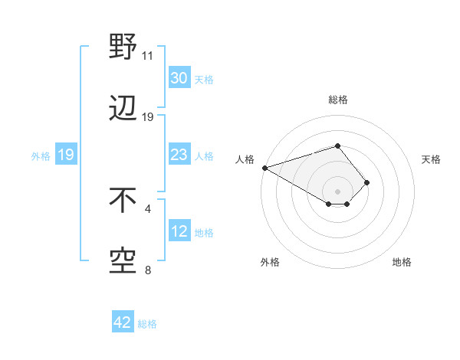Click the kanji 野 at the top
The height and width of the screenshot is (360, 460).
[123, 47]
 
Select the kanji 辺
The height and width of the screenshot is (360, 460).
[123, 110]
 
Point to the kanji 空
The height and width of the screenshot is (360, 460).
[123, 262]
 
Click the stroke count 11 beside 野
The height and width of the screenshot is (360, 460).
[148, 56]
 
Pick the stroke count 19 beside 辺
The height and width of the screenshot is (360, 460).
[148, 117]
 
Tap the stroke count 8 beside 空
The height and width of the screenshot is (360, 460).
[148, 270]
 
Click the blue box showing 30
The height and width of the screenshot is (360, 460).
[179, 78]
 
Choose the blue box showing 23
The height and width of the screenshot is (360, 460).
[179, 155]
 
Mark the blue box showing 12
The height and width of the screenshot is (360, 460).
[179, 231]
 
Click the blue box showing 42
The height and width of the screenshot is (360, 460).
[123, 322]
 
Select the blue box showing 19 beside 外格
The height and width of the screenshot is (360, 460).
[65, 155]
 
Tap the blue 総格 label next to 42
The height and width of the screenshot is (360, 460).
[147, 324]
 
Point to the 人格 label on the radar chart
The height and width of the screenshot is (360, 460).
[245, 159]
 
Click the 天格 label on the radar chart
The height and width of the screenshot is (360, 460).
[431, 159]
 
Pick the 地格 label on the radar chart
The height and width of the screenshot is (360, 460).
[402, 262]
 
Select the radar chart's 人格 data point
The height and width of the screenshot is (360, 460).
[264, 167]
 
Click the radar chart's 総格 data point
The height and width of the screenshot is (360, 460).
[337, 145]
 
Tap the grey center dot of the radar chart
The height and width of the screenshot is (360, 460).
[337, 191]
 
